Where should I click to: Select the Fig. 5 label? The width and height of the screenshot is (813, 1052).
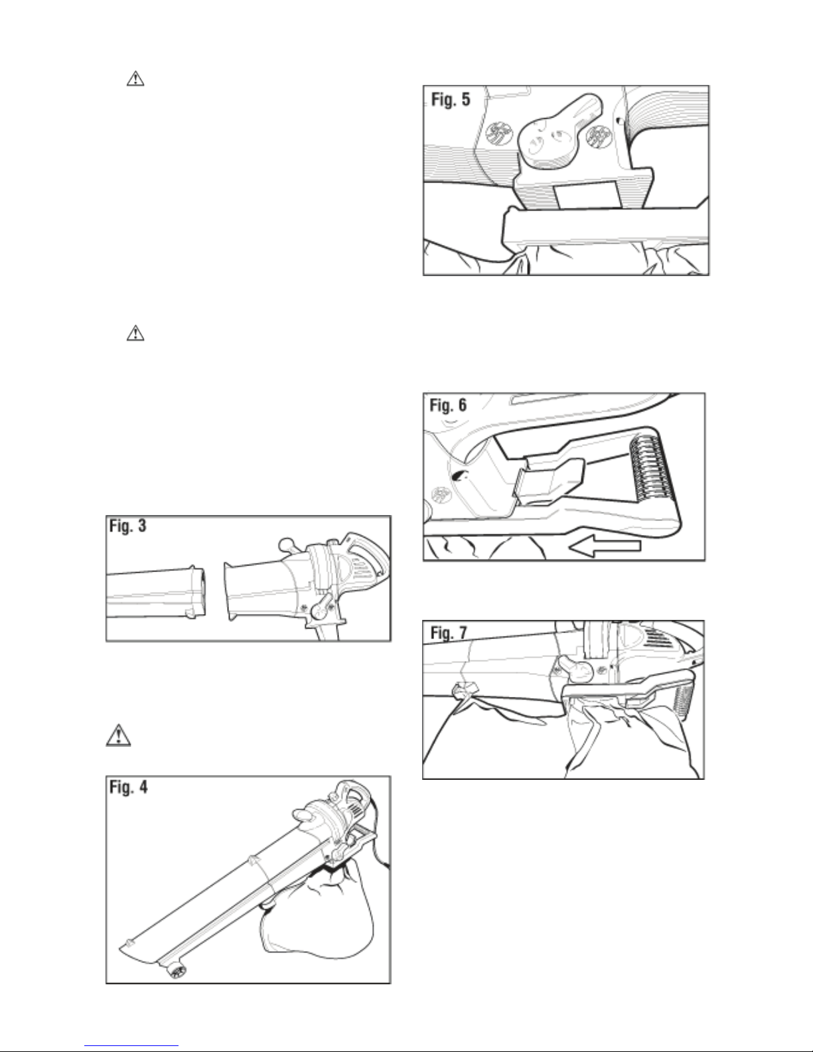pos(451,101)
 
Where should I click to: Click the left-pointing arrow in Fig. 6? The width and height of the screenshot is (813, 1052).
pos(605,546)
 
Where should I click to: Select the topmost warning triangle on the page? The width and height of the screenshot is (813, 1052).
pos(135,79)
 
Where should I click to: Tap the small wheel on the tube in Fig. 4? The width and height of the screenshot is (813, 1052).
pos(177,971)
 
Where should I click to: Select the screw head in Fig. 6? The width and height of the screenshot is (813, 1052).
pos(439,494)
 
